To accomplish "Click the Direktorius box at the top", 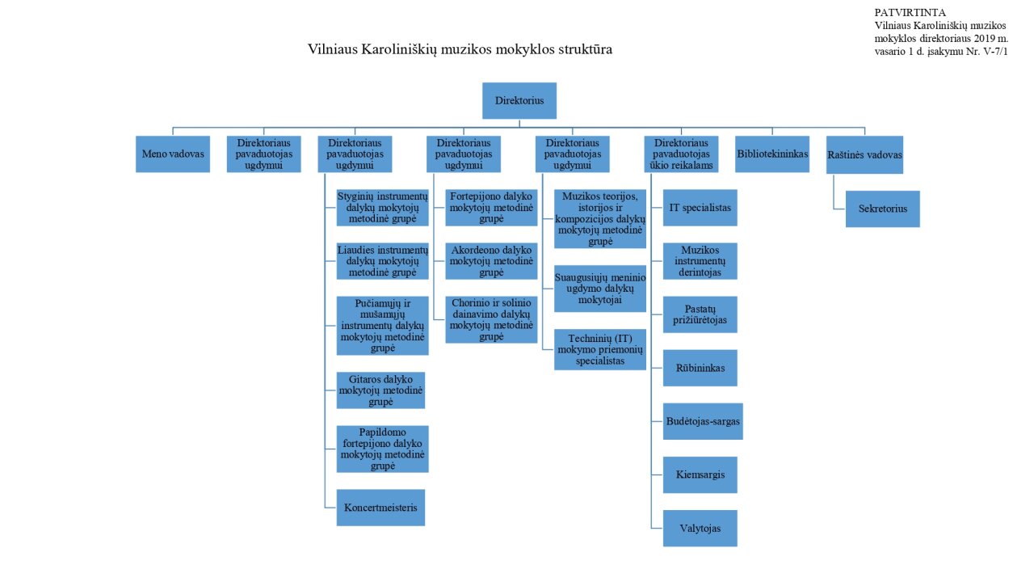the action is click(519, 101).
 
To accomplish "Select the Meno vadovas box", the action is click(173, 154).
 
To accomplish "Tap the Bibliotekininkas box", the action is click(772, 154).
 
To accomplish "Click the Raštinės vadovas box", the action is click(864, 154).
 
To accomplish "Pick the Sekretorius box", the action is click(883, 209).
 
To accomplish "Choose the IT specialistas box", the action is click(700, 208).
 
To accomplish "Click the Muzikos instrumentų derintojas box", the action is click(700, 261).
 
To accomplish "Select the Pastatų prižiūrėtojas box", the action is click(700, 314).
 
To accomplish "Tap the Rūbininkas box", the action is click(700, 368).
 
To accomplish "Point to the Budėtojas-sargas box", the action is click(703, 421).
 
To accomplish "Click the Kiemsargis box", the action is click(700, 474).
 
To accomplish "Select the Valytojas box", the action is click(700, 529).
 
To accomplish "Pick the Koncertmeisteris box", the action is click(380, 508).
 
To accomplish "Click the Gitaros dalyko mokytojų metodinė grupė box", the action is click(380, 390).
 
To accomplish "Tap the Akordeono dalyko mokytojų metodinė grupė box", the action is click(491, 261).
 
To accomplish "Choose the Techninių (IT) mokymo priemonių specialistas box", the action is click(600, 350).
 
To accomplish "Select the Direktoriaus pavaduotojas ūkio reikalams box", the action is click(681, 154).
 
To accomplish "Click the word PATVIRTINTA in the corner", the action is click(910, 12).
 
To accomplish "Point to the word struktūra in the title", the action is click(586, 49).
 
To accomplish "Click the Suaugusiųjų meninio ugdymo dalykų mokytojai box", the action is click(600, 289).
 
